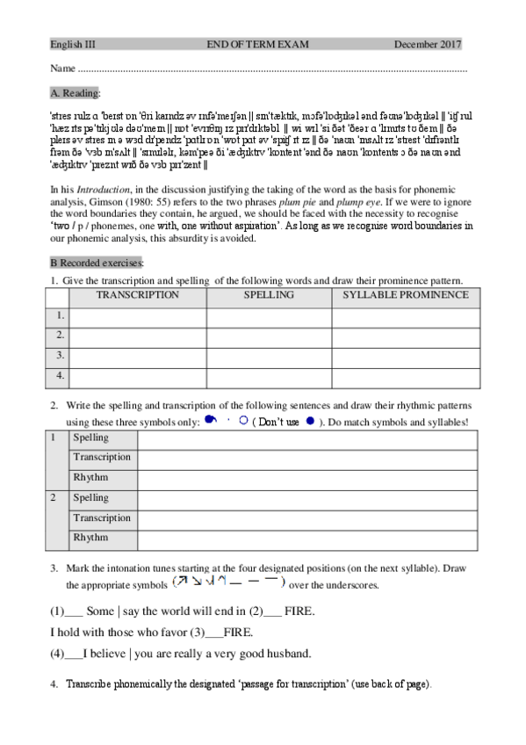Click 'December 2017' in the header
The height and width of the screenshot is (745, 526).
(428, 44)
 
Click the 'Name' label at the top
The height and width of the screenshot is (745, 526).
(61, 69)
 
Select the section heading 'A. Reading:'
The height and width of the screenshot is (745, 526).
(76, 92)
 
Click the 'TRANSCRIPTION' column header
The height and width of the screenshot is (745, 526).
(138, 295)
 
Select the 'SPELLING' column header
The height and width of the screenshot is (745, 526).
(269, 295)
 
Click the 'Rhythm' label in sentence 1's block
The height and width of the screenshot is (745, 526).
(91, 477)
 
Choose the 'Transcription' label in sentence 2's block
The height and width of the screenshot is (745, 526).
(102, 517)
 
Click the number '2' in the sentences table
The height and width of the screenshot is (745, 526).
(54, 498)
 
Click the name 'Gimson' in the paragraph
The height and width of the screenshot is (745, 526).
(70, 202)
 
